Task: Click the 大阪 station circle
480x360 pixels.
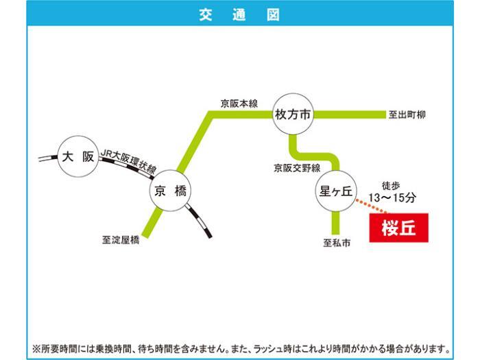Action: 78,156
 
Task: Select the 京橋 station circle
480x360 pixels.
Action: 170,191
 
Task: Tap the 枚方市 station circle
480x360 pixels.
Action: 293,115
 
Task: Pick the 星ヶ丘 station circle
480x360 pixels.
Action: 336,191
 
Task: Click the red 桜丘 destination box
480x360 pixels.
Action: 398,228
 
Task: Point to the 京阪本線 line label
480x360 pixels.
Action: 239,104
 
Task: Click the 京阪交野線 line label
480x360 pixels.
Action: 297,168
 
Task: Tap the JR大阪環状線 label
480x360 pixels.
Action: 129,162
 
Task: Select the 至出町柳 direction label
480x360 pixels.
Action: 407,115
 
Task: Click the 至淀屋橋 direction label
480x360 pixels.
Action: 121,239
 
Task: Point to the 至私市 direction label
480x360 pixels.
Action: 337,243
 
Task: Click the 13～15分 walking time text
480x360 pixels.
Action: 392,197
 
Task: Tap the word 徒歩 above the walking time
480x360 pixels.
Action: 391,186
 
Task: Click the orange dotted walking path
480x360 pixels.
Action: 372,206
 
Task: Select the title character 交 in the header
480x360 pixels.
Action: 206,14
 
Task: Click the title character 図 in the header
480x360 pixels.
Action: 273,14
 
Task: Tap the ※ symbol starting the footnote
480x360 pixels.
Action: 36,348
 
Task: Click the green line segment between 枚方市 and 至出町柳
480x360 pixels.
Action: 350,115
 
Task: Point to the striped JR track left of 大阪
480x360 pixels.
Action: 49,158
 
